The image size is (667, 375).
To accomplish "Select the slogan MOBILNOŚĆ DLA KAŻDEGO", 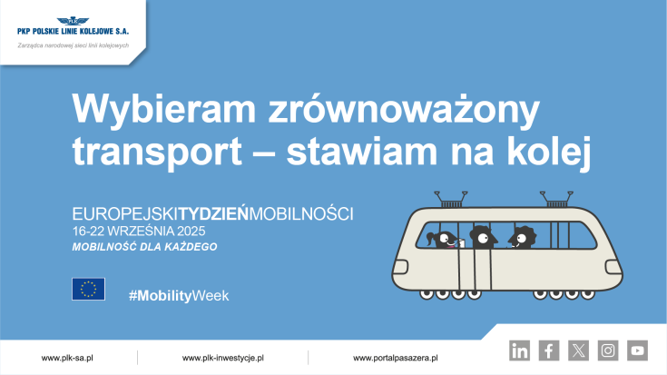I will pos(145,247).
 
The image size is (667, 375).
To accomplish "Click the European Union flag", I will pos(88,289).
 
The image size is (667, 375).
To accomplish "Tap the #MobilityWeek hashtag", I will pos(179,296).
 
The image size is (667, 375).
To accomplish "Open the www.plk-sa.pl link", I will pos(68,358).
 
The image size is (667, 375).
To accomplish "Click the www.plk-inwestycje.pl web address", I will pos(222,358).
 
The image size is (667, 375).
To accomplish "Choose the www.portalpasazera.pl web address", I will pos(396,358).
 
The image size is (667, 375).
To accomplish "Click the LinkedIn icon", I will pos(520,350).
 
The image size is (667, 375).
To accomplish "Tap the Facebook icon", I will pos(549,350).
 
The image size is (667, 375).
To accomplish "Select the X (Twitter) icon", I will pos(578,350).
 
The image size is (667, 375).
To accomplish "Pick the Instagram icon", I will pos(608,350).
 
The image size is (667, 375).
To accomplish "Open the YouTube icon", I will pos(637,350).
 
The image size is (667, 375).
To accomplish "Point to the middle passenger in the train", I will pos(482,238).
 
